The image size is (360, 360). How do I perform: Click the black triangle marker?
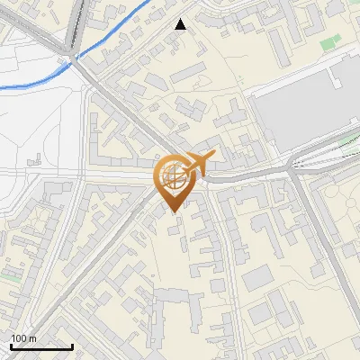tap(181, 24)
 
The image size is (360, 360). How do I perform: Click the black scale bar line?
tap(41, 347)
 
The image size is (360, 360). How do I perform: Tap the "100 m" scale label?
tap(24, 338)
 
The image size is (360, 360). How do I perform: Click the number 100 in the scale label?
tap(20, 338)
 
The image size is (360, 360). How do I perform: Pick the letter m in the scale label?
tap(33, 338)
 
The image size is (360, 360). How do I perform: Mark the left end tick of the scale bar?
tap(11, 346)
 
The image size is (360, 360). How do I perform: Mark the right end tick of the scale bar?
tap(72, 346)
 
